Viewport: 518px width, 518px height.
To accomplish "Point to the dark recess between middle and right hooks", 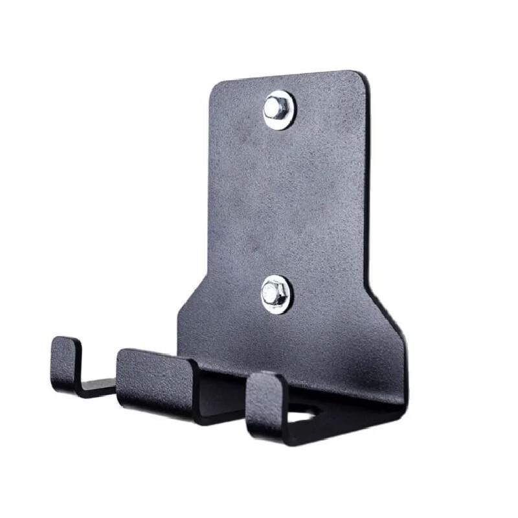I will click(x=220, y=395).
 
